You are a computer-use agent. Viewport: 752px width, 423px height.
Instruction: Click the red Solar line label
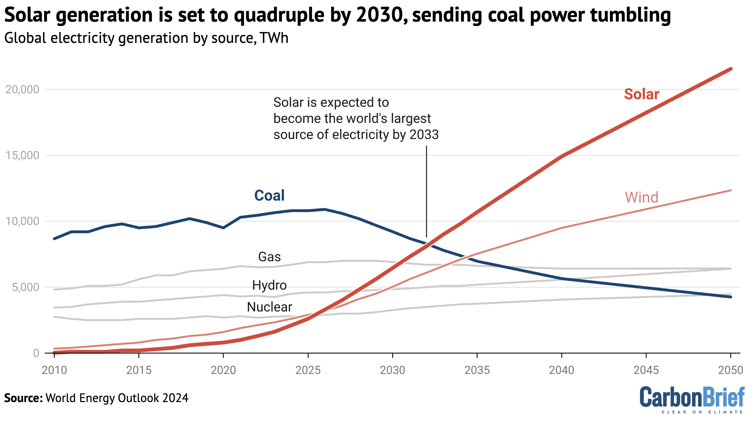(641, 94)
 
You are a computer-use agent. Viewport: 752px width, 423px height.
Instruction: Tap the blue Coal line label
(269, 195)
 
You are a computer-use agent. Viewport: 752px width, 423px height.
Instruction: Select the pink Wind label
(642, 197)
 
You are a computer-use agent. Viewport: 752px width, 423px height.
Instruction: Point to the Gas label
(269, 257)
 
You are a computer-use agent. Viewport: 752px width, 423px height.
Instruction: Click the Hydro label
(269, 285)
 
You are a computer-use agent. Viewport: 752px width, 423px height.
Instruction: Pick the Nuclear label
(269, 307)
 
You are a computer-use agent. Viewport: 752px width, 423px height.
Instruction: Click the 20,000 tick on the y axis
(22, 90)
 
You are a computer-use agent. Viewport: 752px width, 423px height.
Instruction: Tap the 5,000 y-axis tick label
(25, 287)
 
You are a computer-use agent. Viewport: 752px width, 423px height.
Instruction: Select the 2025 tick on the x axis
(308, 370)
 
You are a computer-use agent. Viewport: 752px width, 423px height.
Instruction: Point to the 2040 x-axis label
(562, 370)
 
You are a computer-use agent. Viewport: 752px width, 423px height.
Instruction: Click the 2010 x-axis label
(54, 370)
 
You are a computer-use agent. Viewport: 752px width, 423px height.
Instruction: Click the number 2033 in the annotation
(424, 135)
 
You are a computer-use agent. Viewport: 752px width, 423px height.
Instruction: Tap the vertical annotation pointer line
(426, 191)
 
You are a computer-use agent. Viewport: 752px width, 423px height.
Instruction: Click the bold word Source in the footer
(23, 398)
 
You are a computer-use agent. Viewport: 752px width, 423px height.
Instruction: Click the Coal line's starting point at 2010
(55, 238)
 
